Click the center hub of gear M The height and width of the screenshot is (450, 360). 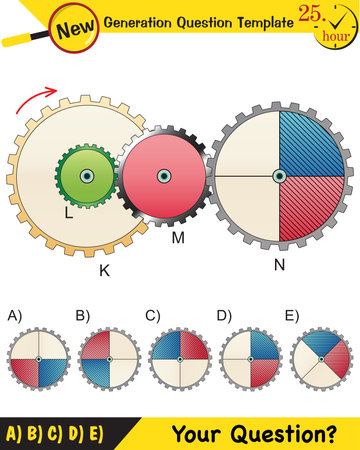pyautogui.click(x=162, y=176)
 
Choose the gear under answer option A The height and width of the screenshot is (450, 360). pyautogui.click(x=38, y=359)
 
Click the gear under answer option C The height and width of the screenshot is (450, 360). pyautogui.click(x=179, y=359)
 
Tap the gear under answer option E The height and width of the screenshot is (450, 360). pyautogui.click(x=321, y=359)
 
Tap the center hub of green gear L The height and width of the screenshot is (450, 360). pyautogui.click(x=87, y=176)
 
